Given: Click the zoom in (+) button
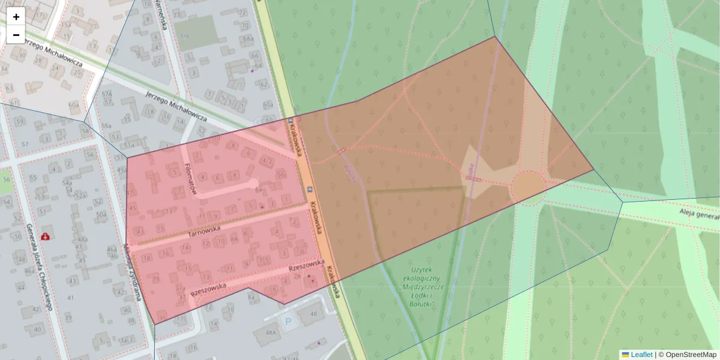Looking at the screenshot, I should pos(16,17).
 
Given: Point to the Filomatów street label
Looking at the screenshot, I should pos(191,178).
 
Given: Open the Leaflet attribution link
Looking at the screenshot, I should pos(641,355).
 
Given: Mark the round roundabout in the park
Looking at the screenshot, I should pos(528,187).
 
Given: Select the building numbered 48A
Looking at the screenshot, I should pos(271,332).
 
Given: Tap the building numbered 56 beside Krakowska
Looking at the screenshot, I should pos(281,174).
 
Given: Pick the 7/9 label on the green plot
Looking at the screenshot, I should pos(184,37).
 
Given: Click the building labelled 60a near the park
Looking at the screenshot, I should pos(268,104).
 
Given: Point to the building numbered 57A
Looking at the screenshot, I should pos(107,94).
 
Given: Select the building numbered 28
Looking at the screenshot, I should pos(41,61).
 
